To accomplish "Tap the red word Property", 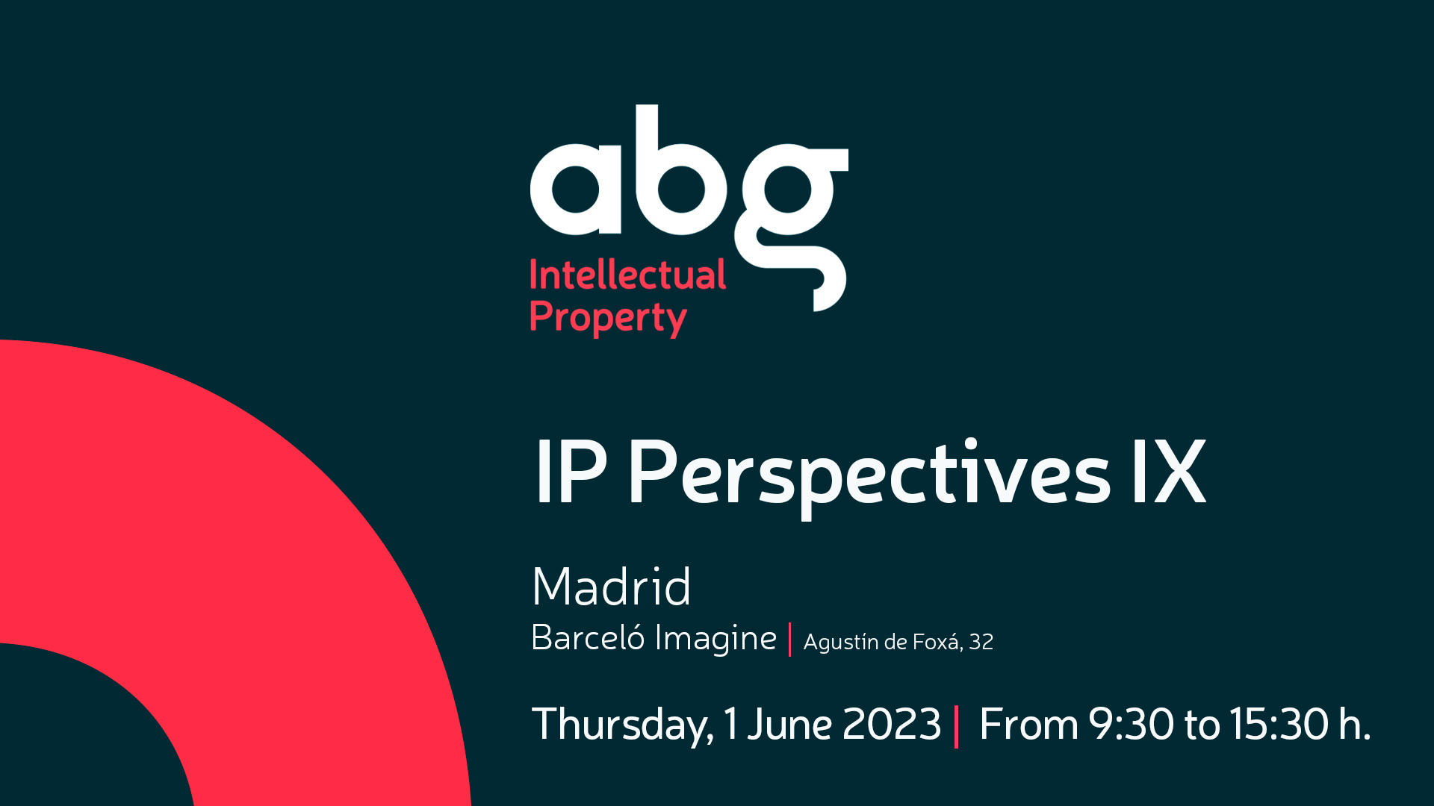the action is point(608,319).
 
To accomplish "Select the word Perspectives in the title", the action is point(869,476).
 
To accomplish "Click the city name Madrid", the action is point(611,587).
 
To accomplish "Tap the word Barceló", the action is point(587,638).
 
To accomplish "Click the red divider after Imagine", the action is point(789,640).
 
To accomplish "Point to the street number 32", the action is point(981,642).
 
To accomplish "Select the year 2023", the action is point(891,725).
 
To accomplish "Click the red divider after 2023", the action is point(956,726).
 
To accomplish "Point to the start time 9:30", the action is point(1131,725).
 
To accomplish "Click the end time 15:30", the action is point(1279,725).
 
